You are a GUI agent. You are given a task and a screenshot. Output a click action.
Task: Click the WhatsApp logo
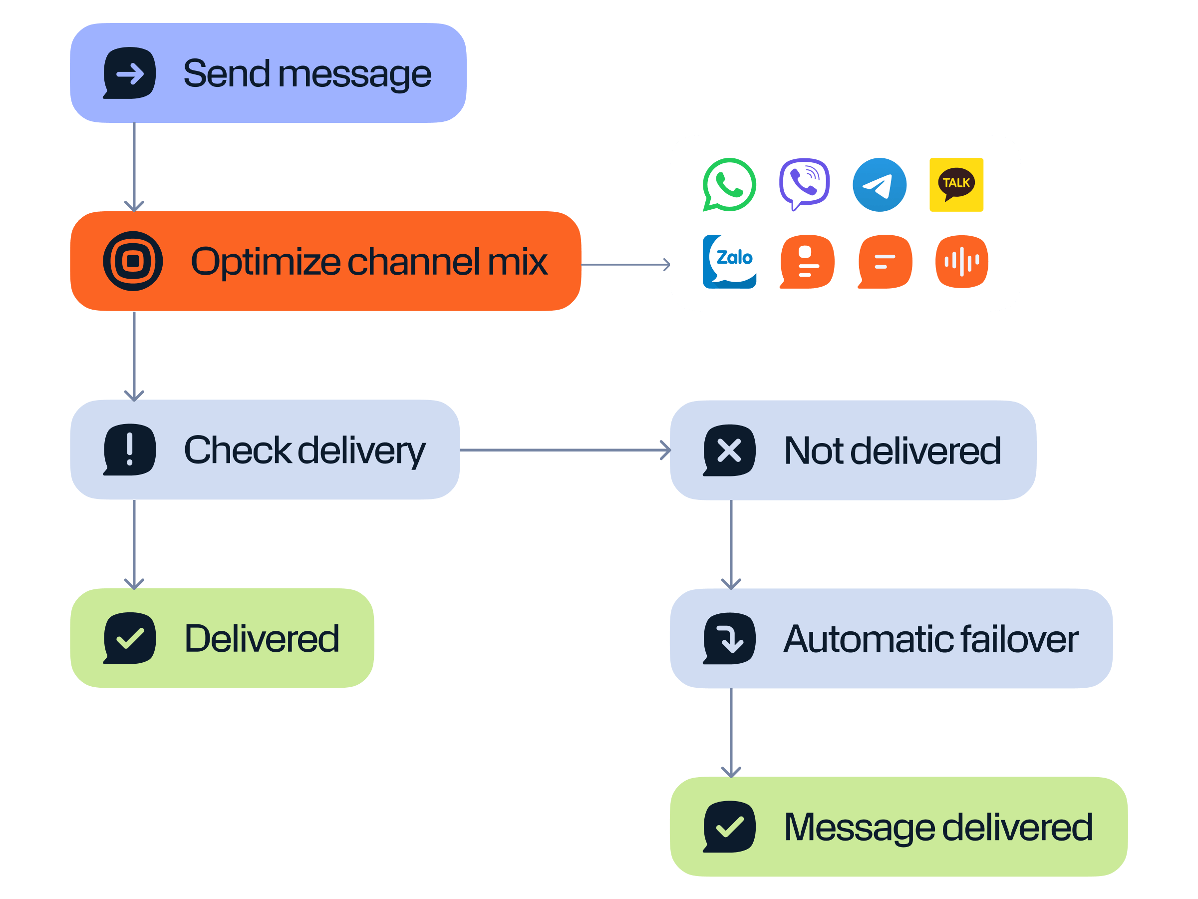pos(729,185)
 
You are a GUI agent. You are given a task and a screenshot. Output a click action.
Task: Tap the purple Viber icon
pos(804,184)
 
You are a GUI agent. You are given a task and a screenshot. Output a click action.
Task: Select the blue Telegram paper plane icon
pos(879,185)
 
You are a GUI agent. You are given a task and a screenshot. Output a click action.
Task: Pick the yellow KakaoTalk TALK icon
pos(956,185)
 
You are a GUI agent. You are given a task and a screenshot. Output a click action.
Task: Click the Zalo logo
pos(729,261)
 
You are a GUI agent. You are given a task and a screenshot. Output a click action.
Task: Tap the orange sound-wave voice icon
pos(961,261)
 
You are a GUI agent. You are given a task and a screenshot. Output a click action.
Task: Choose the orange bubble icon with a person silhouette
pos(807,261)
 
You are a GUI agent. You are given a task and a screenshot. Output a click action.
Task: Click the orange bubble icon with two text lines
pos(885,261)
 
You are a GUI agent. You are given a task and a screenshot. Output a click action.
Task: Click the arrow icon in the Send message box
pos(129,73)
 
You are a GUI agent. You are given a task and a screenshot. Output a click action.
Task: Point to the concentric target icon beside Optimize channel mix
pos(133,261)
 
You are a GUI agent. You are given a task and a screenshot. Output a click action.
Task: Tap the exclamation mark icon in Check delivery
pos(129,449)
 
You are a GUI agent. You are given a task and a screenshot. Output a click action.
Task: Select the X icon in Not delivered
pos(729,450)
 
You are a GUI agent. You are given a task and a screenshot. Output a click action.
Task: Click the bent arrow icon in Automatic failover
pos(729,638)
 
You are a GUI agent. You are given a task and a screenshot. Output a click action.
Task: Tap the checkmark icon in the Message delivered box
pos(729,827)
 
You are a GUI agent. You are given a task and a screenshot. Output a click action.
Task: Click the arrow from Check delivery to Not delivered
pos(563,450)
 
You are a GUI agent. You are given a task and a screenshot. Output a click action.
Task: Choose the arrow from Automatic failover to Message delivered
pos(731,732)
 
